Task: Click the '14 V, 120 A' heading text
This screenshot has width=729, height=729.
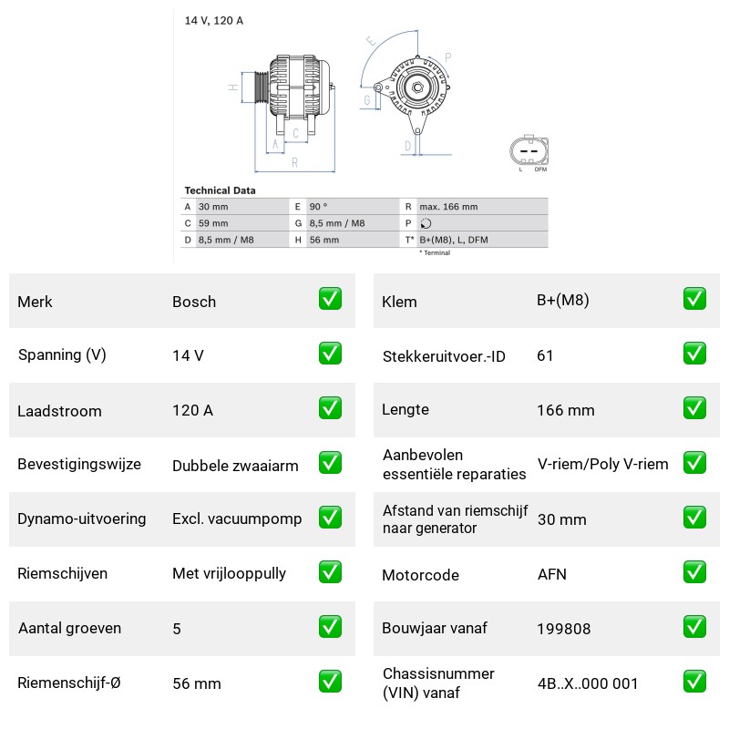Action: (214, 20)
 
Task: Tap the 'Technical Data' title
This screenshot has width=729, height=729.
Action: (220, 190)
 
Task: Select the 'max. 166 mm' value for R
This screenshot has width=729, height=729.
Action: (448, 207)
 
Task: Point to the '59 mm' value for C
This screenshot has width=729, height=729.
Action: (213, 223)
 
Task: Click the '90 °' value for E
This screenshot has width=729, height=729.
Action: (318, 207)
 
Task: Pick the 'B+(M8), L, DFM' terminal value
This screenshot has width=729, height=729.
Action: (454, 240)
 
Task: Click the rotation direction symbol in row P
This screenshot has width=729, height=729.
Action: (426, 223)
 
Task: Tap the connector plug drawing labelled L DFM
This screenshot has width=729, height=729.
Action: (529, 150)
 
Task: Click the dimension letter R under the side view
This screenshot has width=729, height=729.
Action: (294, 163)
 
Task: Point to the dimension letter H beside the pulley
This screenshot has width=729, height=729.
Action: (233, 87)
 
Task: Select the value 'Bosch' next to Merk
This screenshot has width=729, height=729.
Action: (194, 302)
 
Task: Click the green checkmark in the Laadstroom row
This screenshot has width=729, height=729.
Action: (330, 408)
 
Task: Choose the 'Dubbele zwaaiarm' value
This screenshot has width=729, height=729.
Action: (235, 466)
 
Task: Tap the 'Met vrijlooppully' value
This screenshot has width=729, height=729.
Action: (230, 574)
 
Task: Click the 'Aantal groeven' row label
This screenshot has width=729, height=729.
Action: (70, 628)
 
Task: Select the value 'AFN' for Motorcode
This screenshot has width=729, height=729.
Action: (552, 574)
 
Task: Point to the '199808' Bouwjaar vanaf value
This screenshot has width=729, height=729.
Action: (563, 629)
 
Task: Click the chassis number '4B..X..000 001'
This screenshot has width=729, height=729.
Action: (588, 683)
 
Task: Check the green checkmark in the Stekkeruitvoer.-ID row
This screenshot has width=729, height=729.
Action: (694, 354)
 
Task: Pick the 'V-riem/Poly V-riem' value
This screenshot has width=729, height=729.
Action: (603, 464)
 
